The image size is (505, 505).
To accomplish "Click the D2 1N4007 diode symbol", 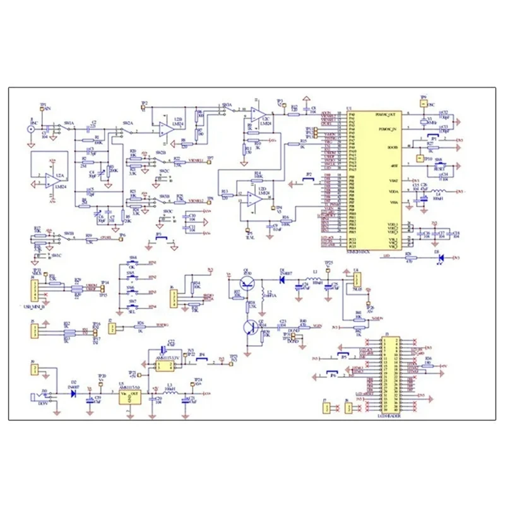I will pos(73,394).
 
